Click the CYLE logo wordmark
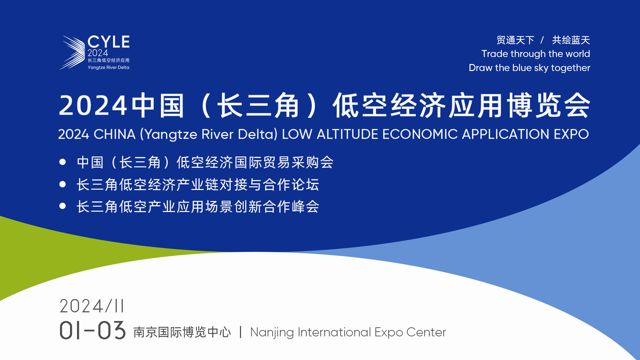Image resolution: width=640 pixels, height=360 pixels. click(x=108, y=42)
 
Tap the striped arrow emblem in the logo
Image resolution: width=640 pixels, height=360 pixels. click(x=72, y=53)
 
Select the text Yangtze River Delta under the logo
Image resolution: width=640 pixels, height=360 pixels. click(x=108, y=68)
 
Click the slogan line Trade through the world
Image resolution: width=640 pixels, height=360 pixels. click(x=536, y=54)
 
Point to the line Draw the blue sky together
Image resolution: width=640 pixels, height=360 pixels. click(x=529, y=68)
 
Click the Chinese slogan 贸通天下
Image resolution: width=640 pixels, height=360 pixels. click(x=515, y=40)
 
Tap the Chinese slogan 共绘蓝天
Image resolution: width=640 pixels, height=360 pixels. click(x=571, y=40)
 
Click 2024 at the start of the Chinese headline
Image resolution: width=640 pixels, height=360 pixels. click(x=93, y=106)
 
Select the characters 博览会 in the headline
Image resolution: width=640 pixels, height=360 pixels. click(x=548, y=105)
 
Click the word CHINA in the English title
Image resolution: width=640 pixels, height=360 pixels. click(x=114, y=134)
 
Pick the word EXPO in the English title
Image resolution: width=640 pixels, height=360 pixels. click(x=571, y=134)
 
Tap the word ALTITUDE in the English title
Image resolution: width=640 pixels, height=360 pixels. click(x=347, y=134)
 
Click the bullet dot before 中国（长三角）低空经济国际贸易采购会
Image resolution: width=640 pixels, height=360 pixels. click(x=62, y=162)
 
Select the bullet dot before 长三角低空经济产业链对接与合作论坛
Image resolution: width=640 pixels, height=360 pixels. click(x=62, y=184)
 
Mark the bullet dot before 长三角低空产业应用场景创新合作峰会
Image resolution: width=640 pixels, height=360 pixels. click(x=62, y=206)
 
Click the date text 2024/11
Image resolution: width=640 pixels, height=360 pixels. click(x=92, y=306)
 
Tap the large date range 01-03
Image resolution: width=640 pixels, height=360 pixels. click(x=92, y=331)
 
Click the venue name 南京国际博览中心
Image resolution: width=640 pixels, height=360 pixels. click(x=182, y=332)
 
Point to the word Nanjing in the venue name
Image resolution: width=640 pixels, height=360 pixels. click(x=272, y=333)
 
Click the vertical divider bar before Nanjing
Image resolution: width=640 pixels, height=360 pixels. click(x=240, y=332)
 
